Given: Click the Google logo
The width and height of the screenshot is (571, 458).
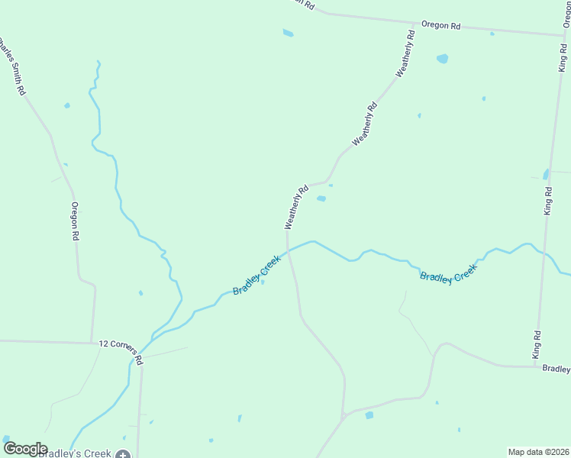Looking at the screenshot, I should click(x=25, y=449).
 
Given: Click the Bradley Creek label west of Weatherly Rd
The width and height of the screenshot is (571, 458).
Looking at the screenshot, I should click(x=256, y=276).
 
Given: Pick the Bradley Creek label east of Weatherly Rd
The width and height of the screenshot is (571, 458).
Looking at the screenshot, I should click(x=448, y=273).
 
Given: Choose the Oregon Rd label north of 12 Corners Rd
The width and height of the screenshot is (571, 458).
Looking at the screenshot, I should click(x=75, y=221).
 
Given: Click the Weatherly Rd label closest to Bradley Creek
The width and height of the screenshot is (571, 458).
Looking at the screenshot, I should click(x=295, y=207).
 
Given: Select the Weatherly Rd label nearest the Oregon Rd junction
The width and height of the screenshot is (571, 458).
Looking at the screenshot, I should click(x=405, y=53).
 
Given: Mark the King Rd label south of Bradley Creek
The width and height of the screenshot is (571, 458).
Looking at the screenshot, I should click(x=537, y=345).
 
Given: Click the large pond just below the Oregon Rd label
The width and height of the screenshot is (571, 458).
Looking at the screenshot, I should click(x=442, y=59).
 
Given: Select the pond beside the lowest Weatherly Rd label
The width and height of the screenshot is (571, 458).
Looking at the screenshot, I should click(x=321, y=199).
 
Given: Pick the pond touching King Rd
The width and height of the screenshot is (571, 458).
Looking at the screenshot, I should click(x=546, y=174).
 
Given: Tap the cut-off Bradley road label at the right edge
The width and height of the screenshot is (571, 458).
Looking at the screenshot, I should click(x=556, y=369).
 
